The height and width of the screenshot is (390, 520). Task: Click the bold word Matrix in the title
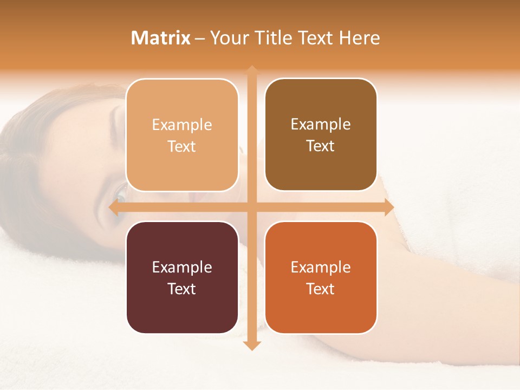coord(161,38)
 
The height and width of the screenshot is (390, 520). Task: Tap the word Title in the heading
coord(274,38)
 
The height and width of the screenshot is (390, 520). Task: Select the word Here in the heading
coord(359,38)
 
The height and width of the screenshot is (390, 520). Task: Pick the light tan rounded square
coord(182,135)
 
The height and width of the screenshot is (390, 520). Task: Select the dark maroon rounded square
coord(182,277)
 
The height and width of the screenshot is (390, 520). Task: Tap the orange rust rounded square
coord(321,277)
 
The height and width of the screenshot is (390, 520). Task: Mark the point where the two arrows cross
coord(252,207)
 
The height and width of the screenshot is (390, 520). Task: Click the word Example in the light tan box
coord(182,125)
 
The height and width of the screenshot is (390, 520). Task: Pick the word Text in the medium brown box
coord(321,146)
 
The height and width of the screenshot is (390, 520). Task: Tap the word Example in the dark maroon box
coord(182,268)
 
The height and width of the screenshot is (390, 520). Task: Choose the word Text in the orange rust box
coord(321,289)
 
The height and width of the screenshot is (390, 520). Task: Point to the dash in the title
coord(200,38)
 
